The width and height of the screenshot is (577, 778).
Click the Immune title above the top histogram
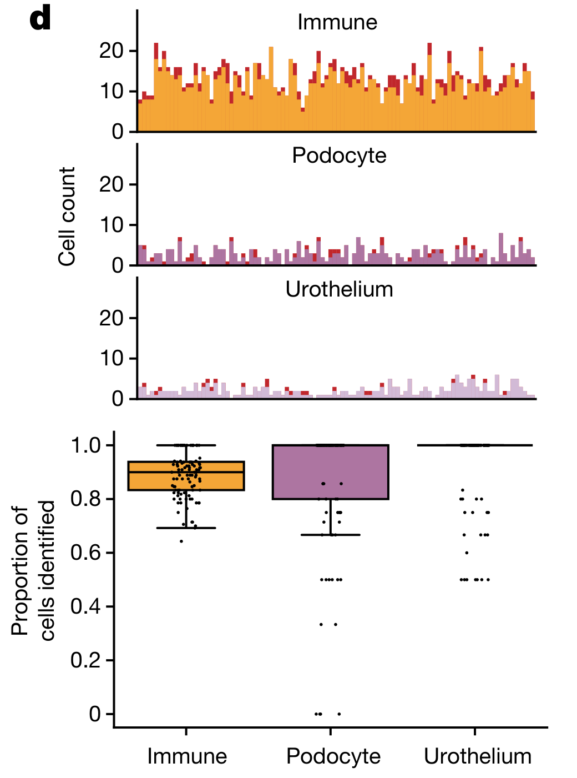click(337, 22)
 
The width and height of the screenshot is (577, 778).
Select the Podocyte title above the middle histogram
click(339, 155)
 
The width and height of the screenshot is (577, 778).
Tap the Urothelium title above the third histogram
click(339, 289)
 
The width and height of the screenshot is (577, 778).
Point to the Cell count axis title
click(67, 217)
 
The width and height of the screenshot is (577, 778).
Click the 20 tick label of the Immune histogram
click(111, 51)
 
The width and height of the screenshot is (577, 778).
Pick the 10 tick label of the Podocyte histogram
click(111, 225)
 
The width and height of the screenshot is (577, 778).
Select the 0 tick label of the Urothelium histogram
click(117, 399)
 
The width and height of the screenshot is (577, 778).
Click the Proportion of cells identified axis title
click(33, 571)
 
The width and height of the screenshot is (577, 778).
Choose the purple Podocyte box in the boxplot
click(330, 472)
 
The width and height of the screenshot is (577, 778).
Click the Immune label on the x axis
click(187, 756)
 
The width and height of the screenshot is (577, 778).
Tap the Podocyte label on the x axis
click(333, 756)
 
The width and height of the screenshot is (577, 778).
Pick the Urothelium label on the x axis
click(478, 756)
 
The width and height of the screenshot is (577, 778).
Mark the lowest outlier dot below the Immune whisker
click(181, 541)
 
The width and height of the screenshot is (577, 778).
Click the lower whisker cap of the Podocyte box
click(330, 535)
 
